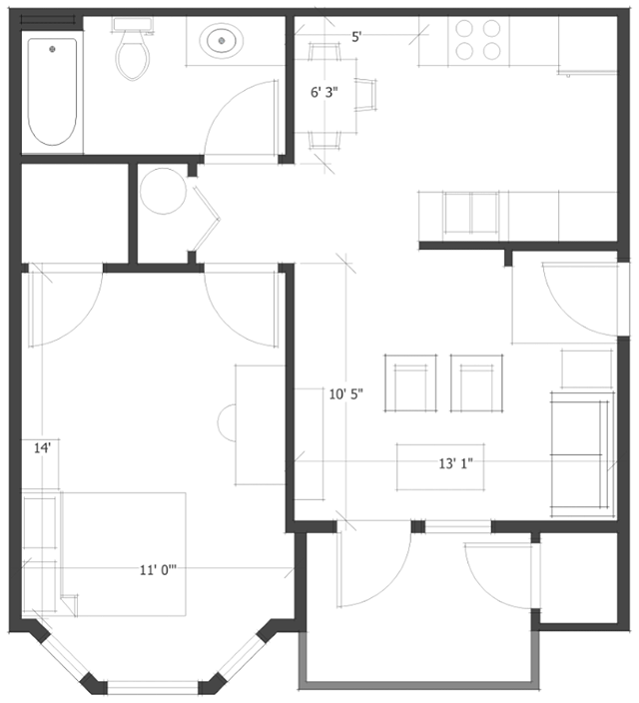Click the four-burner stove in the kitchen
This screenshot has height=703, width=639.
tap(478, 40)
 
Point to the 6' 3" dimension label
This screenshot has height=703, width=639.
tap(324, 93)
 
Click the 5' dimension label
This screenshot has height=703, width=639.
tap(356, 37)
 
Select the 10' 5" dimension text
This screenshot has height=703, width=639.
tap(345, 393)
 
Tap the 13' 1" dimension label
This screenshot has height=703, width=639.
tap(454, 463)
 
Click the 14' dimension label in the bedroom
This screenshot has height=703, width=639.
tap(42, 449)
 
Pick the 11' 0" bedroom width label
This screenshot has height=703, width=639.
tap(160, 571)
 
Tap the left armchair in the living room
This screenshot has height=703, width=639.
tap(411, 383)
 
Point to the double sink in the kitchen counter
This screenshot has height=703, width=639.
tap(470, 213)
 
